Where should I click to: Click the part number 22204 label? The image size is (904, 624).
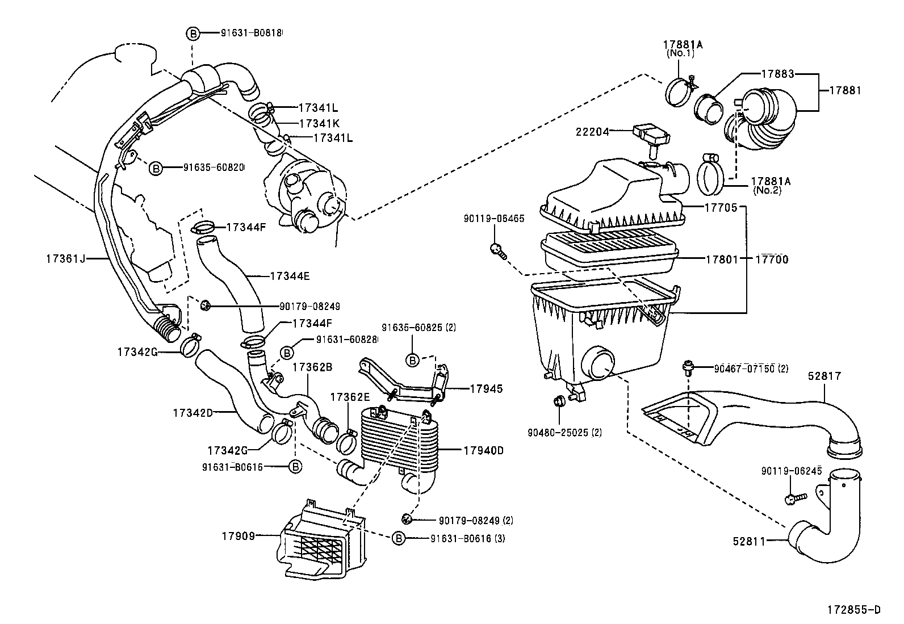click(592, 132)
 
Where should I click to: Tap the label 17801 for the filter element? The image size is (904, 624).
click(722, 259)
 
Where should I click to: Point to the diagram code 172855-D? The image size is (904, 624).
click(853, 610)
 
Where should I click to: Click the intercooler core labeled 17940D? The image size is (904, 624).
click(397, 443)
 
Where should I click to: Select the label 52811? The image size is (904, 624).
click(748, 542)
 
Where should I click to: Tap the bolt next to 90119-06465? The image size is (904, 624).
click(497, 250)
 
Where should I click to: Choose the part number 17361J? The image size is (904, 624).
click(65, 259)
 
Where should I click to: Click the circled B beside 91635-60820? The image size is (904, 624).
click(156, 168)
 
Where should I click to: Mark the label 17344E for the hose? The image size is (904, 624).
click(290, 276)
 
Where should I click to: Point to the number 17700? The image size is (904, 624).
click(772, 259)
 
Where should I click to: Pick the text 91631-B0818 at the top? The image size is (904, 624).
click(252, 33)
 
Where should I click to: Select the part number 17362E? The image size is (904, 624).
click(350, 396)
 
